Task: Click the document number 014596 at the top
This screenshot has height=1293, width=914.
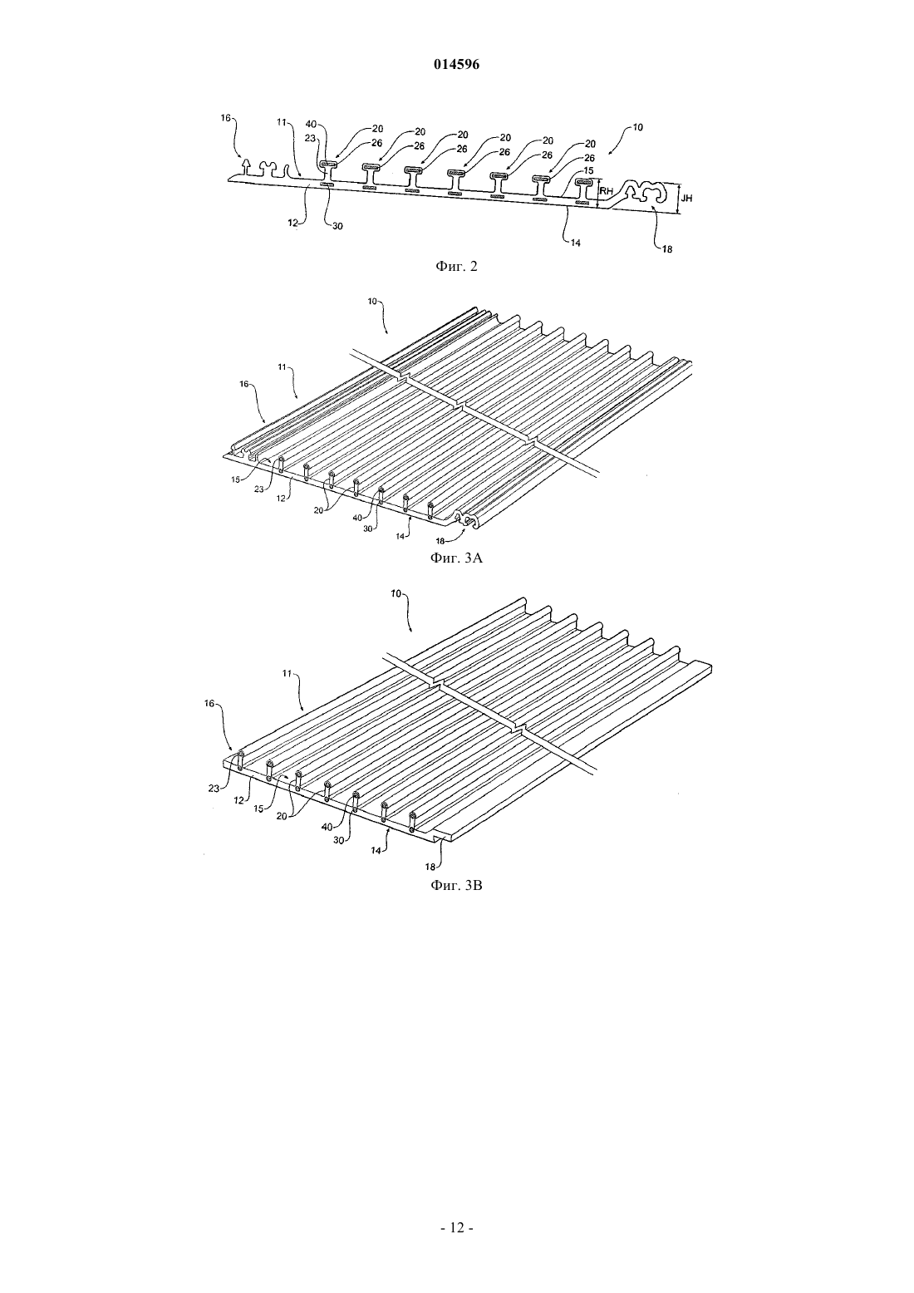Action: tap(456, 65)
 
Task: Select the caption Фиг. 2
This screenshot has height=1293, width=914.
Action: tap(456, 266)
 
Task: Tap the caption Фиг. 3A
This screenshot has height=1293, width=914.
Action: tap(456, 558)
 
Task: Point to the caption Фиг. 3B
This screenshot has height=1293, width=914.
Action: tap(456, 885)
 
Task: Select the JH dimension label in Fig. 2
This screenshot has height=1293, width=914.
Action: tap(686, 198)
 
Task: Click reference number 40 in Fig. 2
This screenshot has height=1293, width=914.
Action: tap(311, 124)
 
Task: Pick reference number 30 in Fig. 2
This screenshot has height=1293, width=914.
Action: tap(337, 226)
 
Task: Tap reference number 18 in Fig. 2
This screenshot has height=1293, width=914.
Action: tap(666, 250)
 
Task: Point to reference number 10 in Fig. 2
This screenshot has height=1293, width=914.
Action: tap(637, 127)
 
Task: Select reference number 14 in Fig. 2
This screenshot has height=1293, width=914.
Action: tap(575, 243)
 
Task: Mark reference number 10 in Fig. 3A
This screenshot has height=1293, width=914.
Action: tap(372, 301)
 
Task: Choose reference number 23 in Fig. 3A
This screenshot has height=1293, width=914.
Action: tap(259, 489)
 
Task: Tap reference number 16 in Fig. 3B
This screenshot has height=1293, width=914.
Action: tap(209, 703)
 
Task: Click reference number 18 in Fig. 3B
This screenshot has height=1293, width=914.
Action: tap(430, 866)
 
